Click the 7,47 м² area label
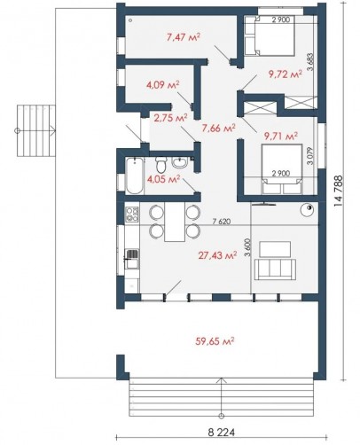coord(184,37)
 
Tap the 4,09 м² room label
coord(163,85)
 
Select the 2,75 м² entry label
coord(170,118)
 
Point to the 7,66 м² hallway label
coord(218,128)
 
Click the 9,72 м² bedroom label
coord(286,74)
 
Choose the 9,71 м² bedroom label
coord(281,136)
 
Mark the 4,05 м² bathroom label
coord(163,179)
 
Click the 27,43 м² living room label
coord(217,255)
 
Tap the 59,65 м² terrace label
coord(215,341)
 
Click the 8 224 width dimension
coord(222,433)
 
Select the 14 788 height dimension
coord(339,191)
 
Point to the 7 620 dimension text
coord(222,222)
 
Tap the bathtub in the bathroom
coord(135,176)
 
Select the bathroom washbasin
coord(180,162)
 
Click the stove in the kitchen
coord(132,215)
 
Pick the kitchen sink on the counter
coord(132,259)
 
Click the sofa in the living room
coord(275,269)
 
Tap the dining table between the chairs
coord(175,222)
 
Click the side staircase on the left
coord(36,130)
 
